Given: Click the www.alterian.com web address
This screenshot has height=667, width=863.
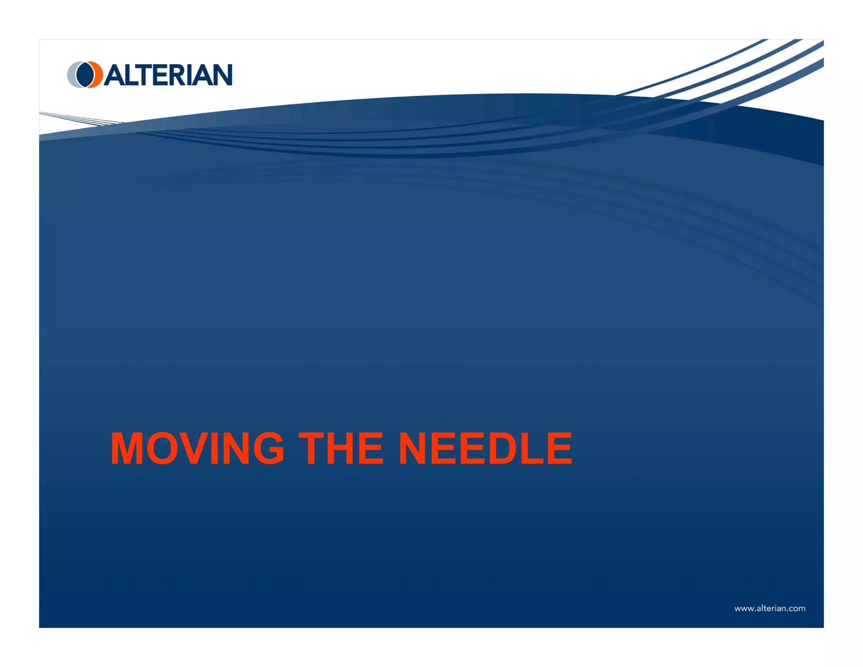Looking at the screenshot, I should [x=770, y=608].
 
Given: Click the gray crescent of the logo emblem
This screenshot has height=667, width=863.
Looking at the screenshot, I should [x=72, y=75].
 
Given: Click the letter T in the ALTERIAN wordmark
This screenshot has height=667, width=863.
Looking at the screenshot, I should [x=143, y=75].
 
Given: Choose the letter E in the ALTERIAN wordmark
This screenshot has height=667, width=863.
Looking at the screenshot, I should [x=161, y=75].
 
